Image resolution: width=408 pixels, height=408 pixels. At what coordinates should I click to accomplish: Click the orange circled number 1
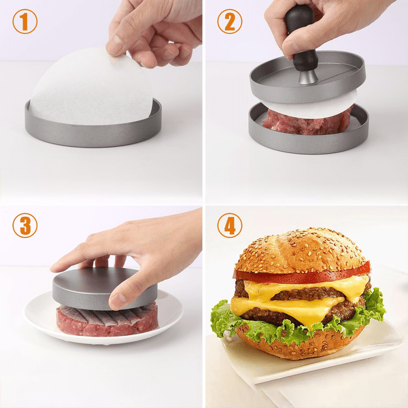tap(25, 21)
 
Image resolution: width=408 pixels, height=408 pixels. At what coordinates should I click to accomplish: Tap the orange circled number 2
tap(230, 21)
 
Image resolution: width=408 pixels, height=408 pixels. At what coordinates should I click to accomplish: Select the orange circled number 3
tap(25, 225)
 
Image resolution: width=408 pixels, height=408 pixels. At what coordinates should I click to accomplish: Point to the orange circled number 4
tap(230, 225)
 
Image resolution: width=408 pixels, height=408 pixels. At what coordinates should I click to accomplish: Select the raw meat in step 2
tap(307, 122)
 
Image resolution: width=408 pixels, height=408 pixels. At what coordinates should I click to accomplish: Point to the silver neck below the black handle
tap(308, 78)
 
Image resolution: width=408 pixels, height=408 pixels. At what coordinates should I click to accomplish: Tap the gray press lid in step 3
tap(104, 288)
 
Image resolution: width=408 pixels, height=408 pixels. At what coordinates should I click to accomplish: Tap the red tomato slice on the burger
tap(302, 275)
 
